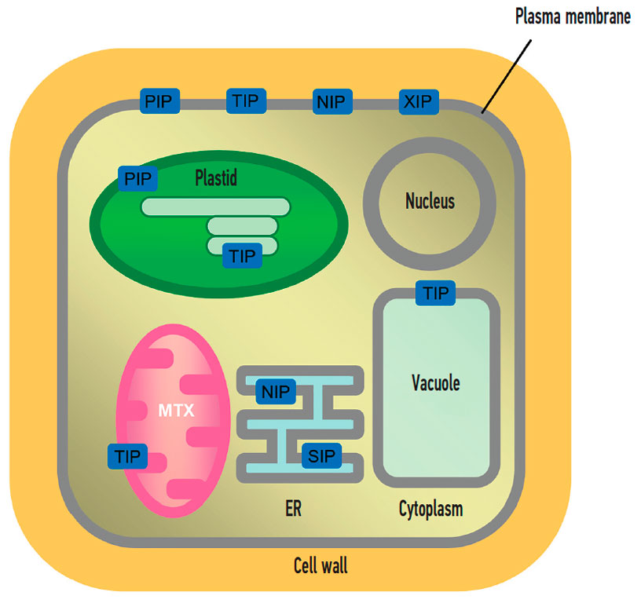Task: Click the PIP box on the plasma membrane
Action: (160, 101)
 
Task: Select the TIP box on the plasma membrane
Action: (247, 101)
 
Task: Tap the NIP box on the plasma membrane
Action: (333, 101)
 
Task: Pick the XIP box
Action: (419, 101)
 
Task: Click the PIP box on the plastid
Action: (137, 177)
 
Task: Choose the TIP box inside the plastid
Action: (242, 255)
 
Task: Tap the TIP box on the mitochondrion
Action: (126, 455)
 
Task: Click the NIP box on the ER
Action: (276, 392)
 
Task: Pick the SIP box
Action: (321, 456)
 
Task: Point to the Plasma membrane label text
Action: (573, 17)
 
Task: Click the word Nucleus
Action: (430, 202)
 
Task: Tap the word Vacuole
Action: (435, 383)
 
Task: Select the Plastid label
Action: (216, 179)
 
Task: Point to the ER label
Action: (293, 509)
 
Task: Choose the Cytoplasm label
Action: (430, 510)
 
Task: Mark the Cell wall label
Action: (320, 565)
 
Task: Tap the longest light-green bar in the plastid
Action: (215, 206)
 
